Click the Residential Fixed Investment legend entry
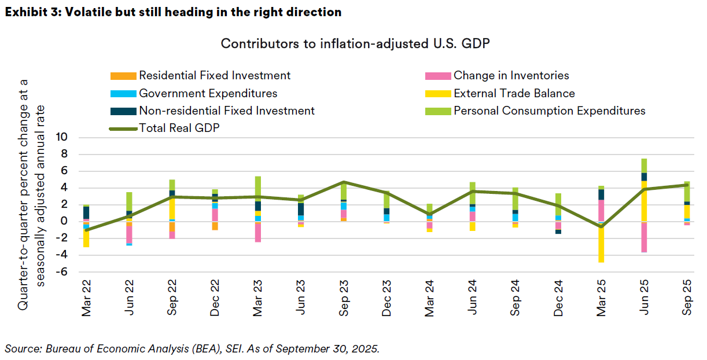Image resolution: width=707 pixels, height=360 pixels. coord(215,76)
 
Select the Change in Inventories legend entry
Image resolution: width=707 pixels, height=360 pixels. coord(511,76)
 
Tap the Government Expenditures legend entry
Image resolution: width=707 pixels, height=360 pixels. coord(208,93)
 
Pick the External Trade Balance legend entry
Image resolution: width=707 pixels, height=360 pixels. coord(514,93)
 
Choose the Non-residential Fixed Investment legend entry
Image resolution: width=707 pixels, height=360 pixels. coord(226,111)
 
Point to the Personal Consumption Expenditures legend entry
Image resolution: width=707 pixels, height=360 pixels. coord(549,111)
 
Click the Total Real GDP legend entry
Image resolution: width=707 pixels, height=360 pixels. coord(179,128)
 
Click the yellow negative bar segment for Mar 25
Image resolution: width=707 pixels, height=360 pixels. coord(601,243)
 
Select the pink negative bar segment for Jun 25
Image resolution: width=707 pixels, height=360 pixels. coord(644,237)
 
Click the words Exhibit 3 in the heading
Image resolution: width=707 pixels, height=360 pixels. coord(30,12)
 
